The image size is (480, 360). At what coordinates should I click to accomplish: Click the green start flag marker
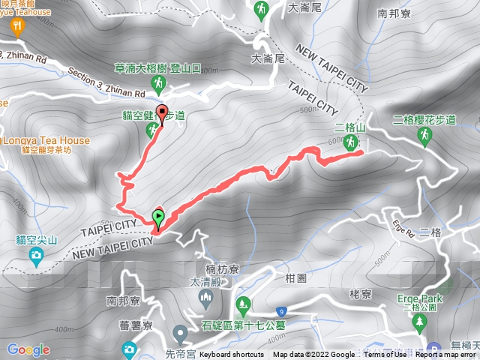tap(158, 217)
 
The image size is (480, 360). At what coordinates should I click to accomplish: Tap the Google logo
tap(28, 349)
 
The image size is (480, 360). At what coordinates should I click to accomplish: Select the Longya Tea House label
tap(45, 140)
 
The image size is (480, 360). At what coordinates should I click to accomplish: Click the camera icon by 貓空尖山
tap(36, 257)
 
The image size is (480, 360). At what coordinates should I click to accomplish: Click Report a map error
tap(446, 355)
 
